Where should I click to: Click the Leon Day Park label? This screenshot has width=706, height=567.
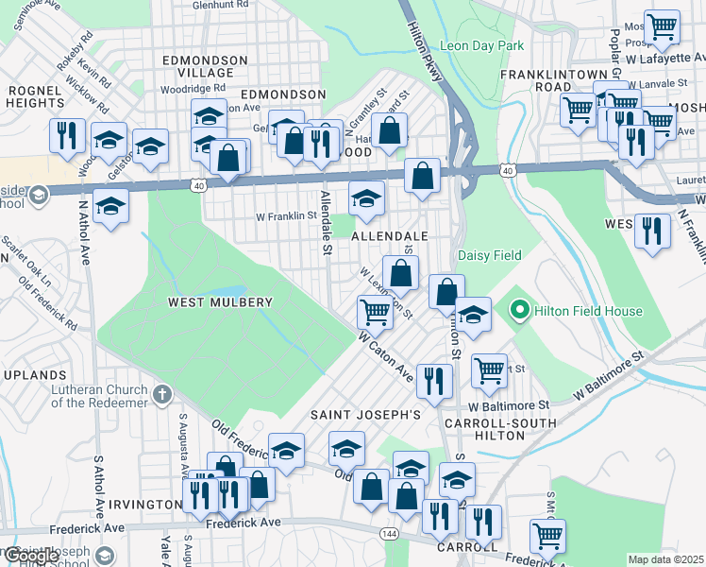coord(482,44)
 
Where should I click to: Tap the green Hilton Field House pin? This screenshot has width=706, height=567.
coord(518,310)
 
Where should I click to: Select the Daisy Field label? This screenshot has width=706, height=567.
coord(489,255)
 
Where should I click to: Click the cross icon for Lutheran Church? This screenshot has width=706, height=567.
coord(161,393)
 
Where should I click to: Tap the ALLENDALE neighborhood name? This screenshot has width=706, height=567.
coord(390,235)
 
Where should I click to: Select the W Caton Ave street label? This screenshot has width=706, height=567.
coord(386,357)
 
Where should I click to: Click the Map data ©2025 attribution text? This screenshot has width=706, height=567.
coord(664,559)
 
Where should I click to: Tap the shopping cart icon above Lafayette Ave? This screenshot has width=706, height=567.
coord(662,26)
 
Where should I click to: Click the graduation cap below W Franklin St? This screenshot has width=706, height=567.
coord(111,207)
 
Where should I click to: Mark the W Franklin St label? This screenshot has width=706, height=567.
coord(286,215)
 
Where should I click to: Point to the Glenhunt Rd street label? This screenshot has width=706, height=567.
coord(218,5)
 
